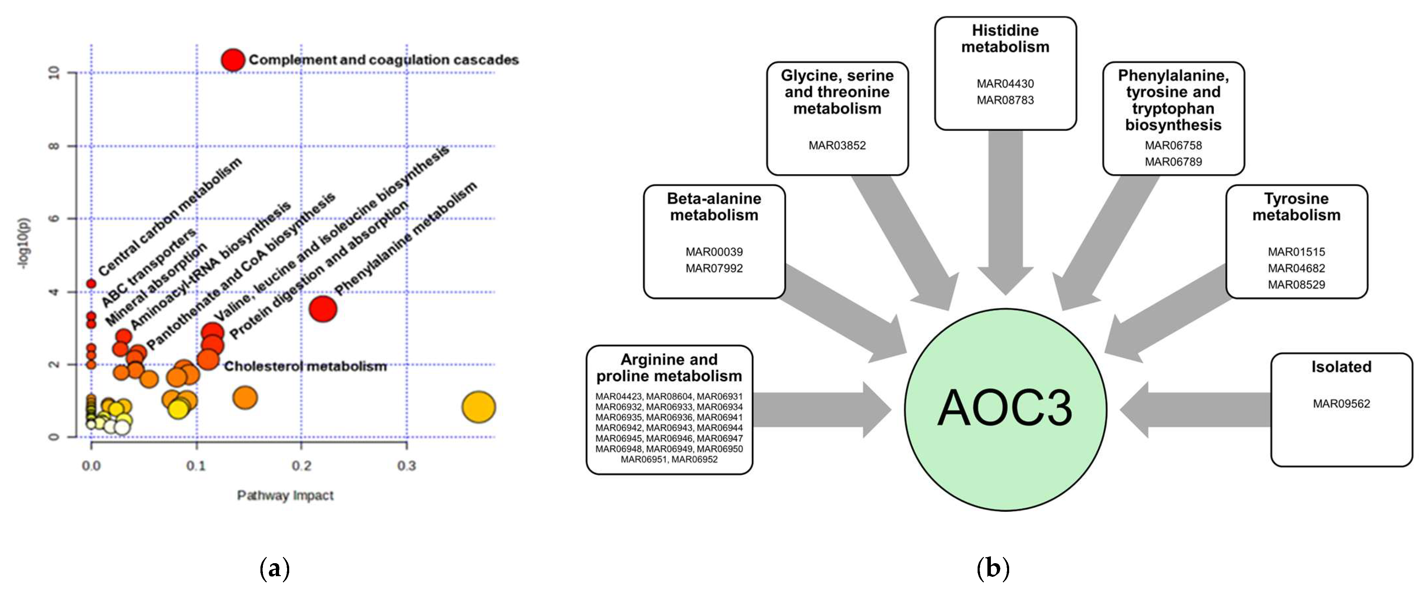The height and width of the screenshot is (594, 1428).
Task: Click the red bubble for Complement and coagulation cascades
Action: tap(233, 59)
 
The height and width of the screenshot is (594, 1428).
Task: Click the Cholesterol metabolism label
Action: tap(305, 366)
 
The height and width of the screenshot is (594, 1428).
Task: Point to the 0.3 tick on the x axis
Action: tap(406, 465)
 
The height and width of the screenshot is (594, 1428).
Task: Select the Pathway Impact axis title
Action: tap(285, 496)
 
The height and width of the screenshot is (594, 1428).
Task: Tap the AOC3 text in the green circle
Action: tap(1005, 408)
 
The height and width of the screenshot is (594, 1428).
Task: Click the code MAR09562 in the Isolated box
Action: tap(1341, 403)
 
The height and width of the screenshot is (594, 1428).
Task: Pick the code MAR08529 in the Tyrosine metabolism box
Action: tap(1296, 285)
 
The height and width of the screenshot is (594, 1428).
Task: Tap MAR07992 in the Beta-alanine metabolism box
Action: tap(714, 268)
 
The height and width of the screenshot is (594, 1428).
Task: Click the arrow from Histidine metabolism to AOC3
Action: tap(1005, 211)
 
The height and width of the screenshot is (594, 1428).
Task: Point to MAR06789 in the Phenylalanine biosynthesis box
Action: tap(1173, 162)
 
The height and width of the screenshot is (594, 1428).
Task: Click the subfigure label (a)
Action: tap(274, 568)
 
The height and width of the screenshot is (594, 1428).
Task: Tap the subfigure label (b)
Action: tap(992, 568)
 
